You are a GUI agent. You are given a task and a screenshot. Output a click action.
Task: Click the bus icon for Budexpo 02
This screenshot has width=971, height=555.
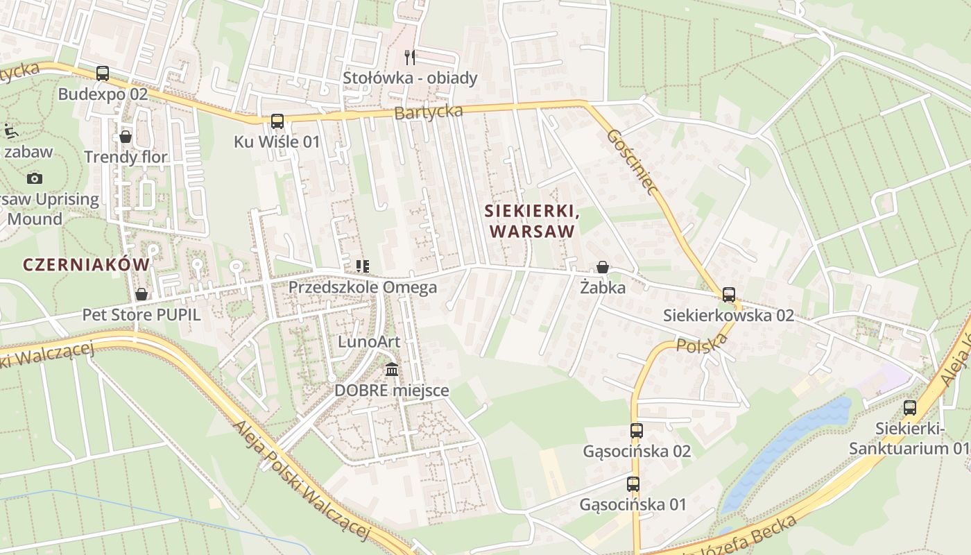click(103, 73)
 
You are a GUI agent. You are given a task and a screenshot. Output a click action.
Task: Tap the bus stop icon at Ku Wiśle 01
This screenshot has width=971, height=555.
click(277, 121)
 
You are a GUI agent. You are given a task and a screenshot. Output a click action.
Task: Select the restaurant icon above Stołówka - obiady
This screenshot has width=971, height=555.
click(410, 57)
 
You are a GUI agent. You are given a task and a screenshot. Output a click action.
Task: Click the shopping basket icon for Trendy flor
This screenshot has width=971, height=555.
click(126, 137)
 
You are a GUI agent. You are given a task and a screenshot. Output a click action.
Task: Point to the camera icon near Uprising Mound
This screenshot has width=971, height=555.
click(35, 178)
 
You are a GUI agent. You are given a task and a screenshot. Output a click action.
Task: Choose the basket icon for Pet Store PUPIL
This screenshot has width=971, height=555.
click(141, 294)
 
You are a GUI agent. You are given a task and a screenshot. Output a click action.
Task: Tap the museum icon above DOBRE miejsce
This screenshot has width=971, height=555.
click(392, 369)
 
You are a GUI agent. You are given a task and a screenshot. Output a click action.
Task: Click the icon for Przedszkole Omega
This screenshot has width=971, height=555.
click(362, 266)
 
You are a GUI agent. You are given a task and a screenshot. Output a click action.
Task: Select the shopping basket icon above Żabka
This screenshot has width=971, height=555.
click(603, 267)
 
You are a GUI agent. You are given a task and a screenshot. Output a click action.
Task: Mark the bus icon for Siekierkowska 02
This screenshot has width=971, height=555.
click(728, 295)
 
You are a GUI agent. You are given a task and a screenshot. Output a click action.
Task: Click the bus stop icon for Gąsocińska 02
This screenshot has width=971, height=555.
click(637, 431)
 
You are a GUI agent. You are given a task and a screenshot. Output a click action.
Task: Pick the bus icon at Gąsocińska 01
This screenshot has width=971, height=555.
click(633, 484)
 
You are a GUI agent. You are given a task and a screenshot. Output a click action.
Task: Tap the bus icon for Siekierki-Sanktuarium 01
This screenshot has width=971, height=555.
click(909, 408)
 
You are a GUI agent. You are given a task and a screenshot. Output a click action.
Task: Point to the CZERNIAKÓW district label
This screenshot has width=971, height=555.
click(86, 264)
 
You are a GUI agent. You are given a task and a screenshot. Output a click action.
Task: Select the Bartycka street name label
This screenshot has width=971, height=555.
click(429, 112)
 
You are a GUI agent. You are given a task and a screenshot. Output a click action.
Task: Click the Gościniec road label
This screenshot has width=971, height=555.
click(631, 162)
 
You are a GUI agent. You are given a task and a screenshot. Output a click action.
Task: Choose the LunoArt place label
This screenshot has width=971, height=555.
click(369, 341)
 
